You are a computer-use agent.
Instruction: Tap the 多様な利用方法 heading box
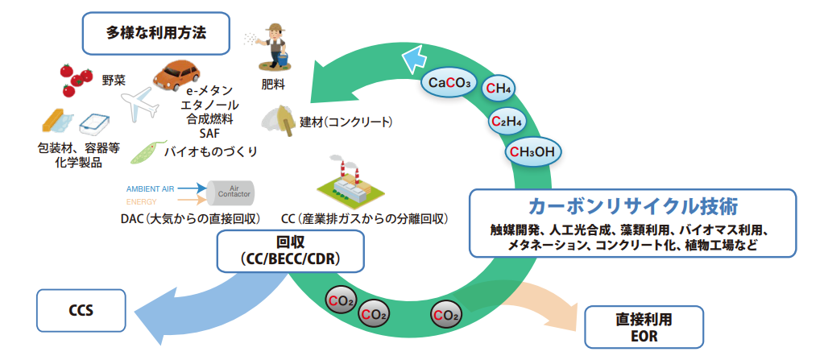point(156,33)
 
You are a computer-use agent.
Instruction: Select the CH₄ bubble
point(501,89)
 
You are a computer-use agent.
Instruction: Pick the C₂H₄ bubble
point(509,121)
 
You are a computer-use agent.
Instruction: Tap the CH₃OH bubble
point(532,151)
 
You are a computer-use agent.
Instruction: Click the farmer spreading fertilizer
point(274,48)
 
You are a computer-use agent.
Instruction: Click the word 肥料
point(273,84)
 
